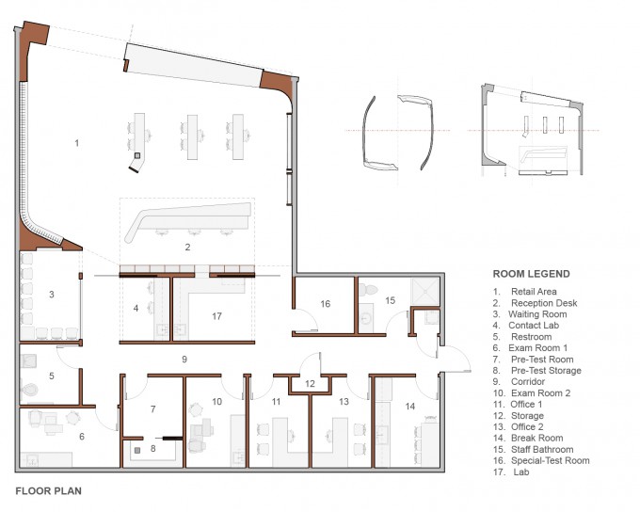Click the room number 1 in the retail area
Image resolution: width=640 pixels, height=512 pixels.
[77, 143]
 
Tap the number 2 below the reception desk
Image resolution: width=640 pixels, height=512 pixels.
[187, 247]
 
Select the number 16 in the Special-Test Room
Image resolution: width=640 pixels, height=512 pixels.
[326, 304]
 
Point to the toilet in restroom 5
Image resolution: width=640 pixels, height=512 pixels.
[29, 389]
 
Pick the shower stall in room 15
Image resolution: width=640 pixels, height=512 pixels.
[424, 292]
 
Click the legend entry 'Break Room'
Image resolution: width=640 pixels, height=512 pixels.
[536, 438]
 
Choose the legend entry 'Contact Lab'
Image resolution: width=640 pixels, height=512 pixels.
[534, 326]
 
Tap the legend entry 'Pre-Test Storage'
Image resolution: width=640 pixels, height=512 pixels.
[546, 371]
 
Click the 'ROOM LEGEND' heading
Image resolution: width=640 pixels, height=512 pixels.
[532, 274]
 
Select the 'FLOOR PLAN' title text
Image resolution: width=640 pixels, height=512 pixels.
[49, 490]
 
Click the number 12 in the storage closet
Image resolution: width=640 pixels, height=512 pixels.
[310, 384]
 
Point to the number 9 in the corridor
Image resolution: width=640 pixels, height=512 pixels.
[184, 360]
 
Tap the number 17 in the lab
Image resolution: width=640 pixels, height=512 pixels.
[216, 316]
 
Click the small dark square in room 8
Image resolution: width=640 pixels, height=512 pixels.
[137, 450]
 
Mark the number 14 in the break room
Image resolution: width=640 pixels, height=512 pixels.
[409, 407]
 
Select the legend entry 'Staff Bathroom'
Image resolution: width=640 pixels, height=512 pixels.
[542, 450]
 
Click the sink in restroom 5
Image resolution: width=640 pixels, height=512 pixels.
[28, 360]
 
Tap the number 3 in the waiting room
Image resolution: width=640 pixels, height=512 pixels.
[52, 295]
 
